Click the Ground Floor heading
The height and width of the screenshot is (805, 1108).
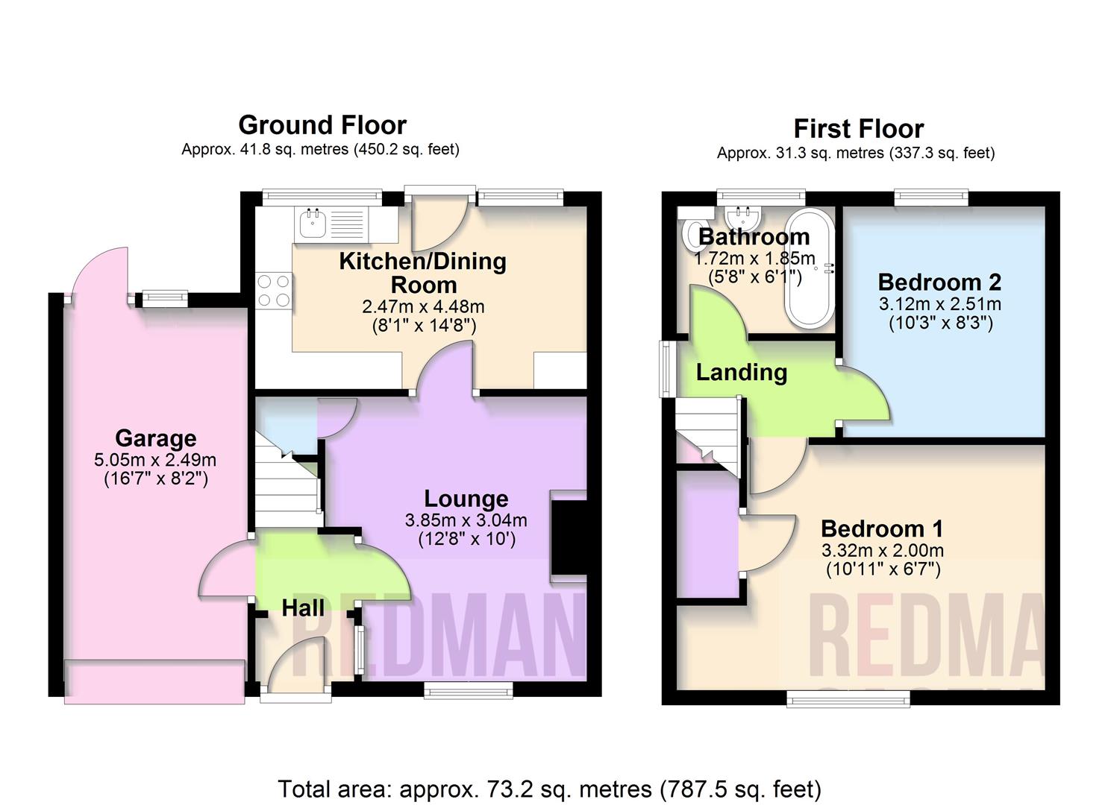tap(322, 125)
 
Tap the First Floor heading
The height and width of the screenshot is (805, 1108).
tap(859, 129)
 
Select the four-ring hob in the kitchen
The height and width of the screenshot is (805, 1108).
tap(274, 291)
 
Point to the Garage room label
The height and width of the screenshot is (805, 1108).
tap(156, 438)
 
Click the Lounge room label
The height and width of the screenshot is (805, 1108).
tap(466, 499)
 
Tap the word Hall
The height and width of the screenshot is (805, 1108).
tap(303, 607)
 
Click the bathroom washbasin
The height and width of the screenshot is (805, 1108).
tap(743, 219)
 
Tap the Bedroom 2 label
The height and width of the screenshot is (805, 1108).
tap(940, 282)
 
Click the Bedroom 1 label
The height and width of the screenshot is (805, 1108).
tap(882, 528)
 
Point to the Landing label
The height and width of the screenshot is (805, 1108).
tap(742, 373)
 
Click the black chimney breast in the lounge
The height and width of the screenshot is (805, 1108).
tap(569, 538)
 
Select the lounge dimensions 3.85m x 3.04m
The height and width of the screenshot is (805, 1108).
tap(466, 520)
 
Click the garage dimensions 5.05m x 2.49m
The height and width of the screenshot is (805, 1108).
tap(155, 460)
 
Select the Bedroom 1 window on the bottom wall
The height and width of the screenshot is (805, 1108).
tap(848, 698)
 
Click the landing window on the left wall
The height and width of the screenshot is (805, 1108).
tap(668, 369)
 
